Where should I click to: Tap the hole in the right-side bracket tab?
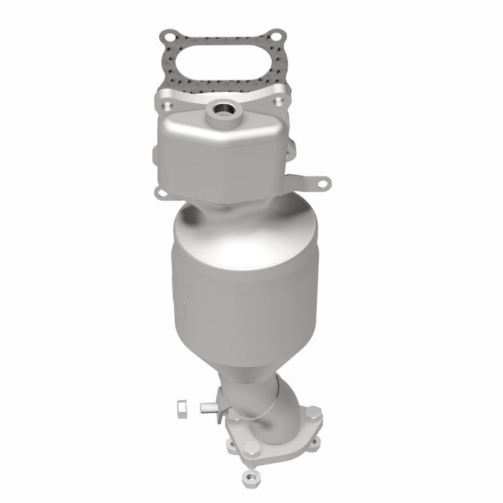(x=324, y=184)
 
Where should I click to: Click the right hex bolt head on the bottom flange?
(x=312, y=413)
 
